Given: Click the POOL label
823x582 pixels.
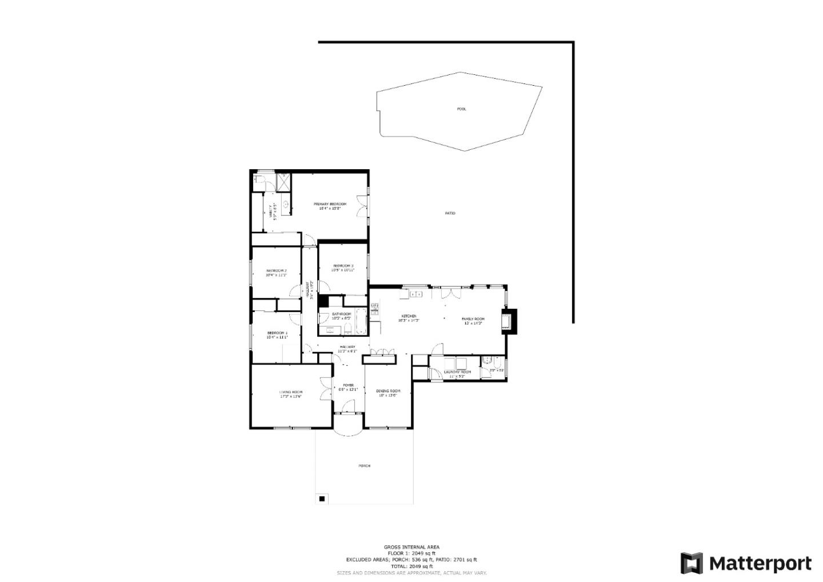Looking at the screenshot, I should tap(461, 109).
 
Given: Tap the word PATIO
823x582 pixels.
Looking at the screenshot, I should tap(450, 213).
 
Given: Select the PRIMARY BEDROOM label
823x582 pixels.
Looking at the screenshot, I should tap(330, 204).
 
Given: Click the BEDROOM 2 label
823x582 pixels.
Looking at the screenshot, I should tap(276, 270).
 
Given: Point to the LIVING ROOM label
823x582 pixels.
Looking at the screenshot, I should tap(290, 392).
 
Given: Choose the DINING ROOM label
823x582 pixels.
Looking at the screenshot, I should tap(388, 391).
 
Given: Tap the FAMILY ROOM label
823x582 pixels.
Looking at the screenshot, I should tap(473, 319).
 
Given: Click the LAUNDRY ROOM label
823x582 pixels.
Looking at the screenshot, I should tap(457, 372).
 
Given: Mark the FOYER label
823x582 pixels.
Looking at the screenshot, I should tap(348, 385).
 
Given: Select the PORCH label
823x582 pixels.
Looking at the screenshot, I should tap(364, 466).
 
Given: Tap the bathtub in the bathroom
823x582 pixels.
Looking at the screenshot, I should tap(361, 322).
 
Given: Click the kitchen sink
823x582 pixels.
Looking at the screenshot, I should tap(416, 294).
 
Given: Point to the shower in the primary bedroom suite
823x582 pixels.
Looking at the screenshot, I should tap(283, 182).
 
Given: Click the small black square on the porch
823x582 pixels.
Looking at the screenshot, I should tap(322, 499).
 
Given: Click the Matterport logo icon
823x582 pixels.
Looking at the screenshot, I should tap(692, 563).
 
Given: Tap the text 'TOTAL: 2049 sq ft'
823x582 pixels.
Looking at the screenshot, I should tap(411, 566).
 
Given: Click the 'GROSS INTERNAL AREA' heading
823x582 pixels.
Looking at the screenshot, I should tap(411, 547).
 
